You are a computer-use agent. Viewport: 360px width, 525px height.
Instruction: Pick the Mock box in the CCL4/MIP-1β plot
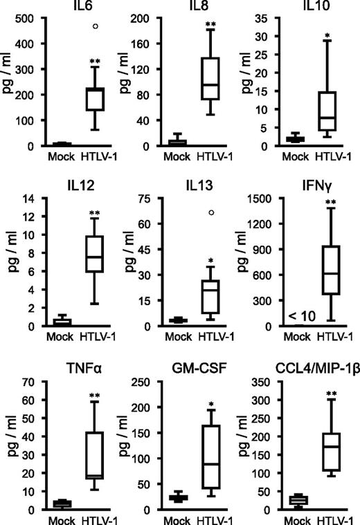[x=298, y=499]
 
